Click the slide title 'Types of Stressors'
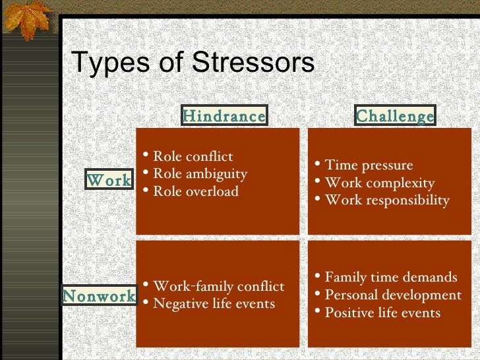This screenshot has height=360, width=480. point(192,64)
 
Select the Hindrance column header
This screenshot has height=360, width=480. point(224,116)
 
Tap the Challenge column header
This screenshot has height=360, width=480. point(395,116)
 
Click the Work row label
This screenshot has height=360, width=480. point(109,179)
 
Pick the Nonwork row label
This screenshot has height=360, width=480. point(99,296)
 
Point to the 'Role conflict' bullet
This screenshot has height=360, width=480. point(193,156)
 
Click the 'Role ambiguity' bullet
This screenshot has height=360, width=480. point(199,174)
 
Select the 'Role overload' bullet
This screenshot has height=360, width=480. point(195,192)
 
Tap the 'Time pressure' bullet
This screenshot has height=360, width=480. point(369,165)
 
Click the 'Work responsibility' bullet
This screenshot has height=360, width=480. point(387,200)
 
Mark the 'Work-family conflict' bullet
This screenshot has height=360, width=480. point(218,286)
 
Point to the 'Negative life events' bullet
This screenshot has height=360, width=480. point(214,304)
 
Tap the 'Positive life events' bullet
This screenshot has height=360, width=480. point(382,313)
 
